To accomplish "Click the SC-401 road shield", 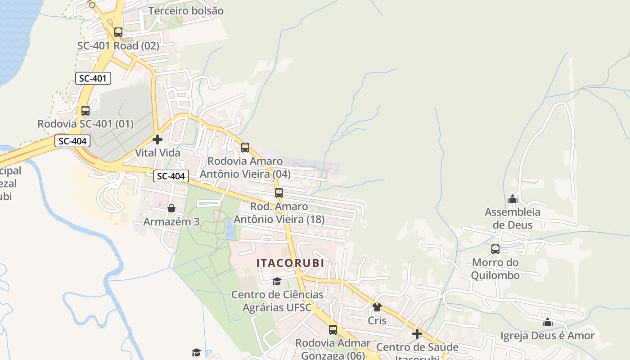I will point(93,78).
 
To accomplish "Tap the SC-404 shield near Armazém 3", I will point(171,176).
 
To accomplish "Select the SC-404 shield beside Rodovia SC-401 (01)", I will point(72,141).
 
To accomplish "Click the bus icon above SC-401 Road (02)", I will point(118,32).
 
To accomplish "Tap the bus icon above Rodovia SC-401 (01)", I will point(85,110).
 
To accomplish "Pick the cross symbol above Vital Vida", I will point(157,139).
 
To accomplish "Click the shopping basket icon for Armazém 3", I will point(171,208).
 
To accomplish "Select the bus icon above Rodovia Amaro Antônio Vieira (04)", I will point(245,148).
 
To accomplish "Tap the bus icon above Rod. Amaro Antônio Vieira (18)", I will point(279,193).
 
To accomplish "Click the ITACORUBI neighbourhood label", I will point(290,263).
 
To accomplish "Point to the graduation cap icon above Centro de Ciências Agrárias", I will point(277,281).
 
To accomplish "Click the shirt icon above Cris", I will point(377,307).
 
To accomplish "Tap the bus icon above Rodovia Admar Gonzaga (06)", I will point(333,330).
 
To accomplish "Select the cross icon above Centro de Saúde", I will point(417,334).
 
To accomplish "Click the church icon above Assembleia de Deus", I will point(512,198).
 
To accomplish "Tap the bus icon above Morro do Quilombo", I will point(495,249).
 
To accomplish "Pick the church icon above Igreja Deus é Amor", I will point(547,322).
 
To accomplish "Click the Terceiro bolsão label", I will point(186,10).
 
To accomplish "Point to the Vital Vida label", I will point(157,153).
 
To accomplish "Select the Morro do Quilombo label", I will point(495,269).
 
